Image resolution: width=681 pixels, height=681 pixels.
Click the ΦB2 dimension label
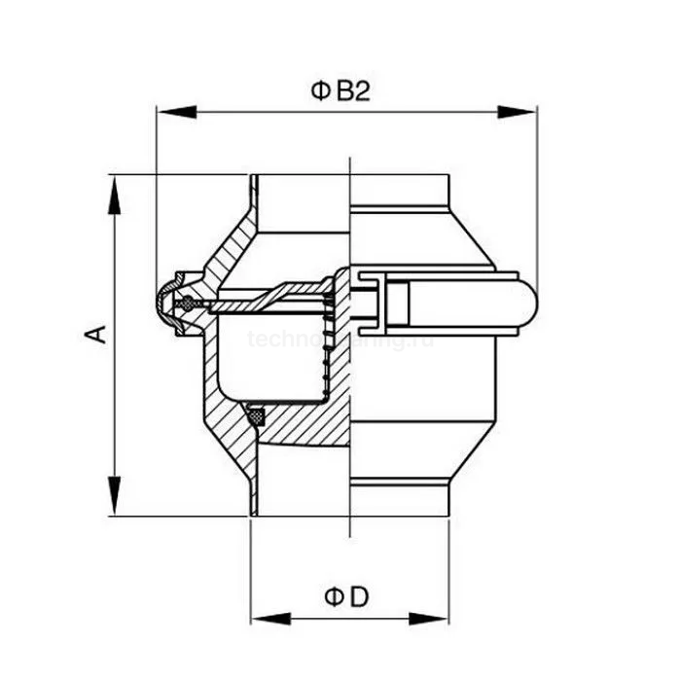[x=341, y=91]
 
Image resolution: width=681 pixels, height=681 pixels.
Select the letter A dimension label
[x=95, y=335]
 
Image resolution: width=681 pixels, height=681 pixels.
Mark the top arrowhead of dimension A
[x=115, y=191]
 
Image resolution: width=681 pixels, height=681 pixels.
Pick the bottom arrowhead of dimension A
[x=115, y=500]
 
